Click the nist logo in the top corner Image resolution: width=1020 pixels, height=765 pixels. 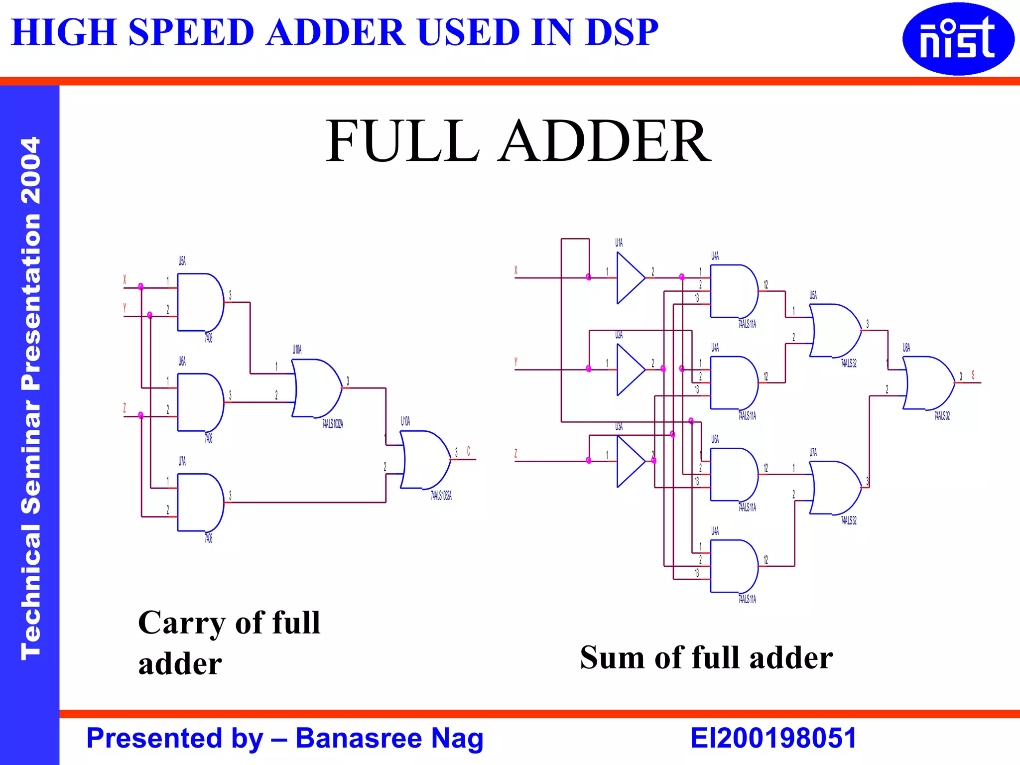(x=958, y=39)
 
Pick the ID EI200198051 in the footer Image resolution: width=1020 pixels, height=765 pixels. (x=773, y=738)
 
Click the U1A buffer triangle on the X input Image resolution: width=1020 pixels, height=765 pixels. (x=630, y=278)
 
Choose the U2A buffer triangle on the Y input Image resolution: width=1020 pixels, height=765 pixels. (x=630, y=370)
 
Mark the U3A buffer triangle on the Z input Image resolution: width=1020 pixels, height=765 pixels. (x=630, y=461)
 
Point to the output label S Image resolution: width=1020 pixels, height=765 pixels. (x=973, y=375)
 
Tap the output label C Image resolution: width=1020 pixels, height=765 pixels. (x=468, y=451)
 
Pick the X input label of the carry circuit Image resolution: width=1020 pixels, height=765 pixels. (x=125, y=280)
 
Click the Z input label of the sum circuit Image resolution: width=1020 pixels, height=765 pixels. (x=516, y=453)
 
